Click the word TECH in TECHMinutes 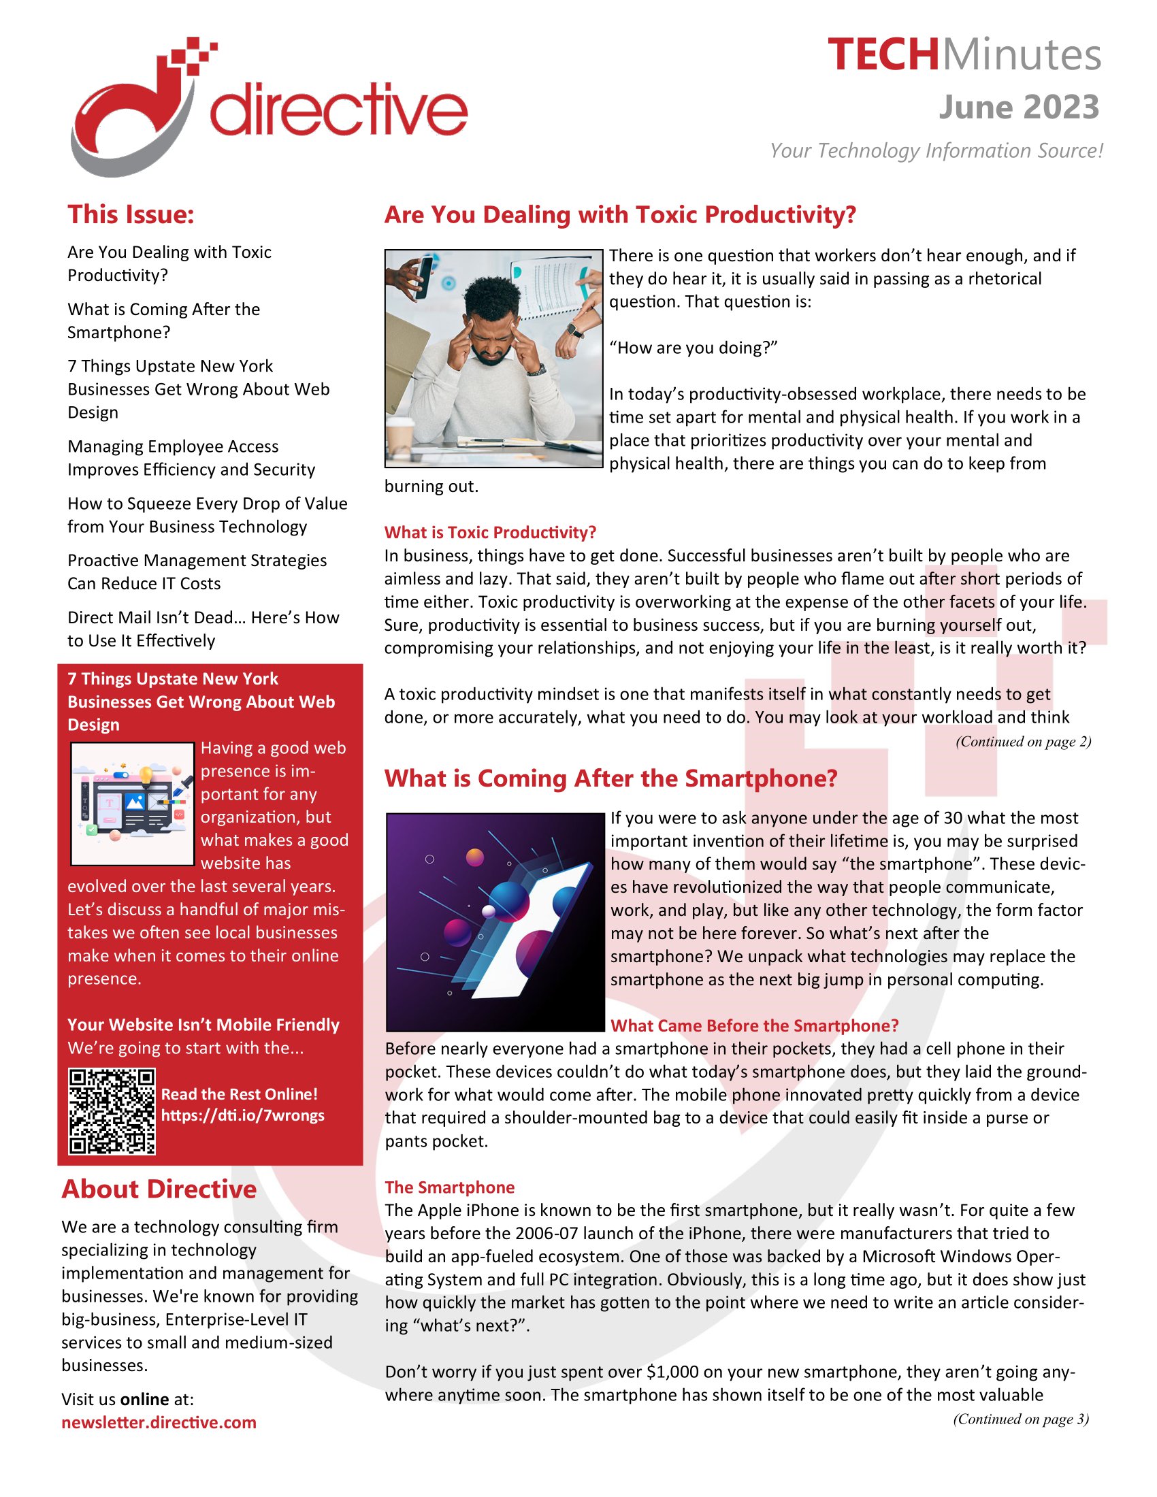[x=883, y=55]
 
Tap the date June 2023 [x=1019, y=108]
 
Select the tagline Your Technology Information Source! [x=936, y=151]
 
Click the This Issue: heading [x=131, y=214]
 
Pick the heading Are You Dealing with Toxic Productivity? [x=619, y=214]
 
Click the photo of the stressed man [x=493, y=358]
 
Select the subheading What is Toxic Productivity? [x=490, y=532]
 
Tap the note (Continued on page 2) [x=1023, y=741]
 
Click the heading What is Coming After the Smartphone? [x=610, y=778]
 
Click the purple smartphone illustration [x=495, y=921]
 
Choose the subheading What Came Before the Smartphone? [x=754, y=1025]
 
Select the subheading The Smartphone [x=450, y=1187]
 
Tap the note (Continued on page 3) [x=1020, y=1418]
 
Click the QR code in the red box [x=112, y=1111]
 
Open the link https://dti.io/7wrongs [x=243, y=1115]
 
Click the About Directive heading [x=159, y=1189]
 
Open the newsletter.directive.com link [x=159, y=1422]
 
